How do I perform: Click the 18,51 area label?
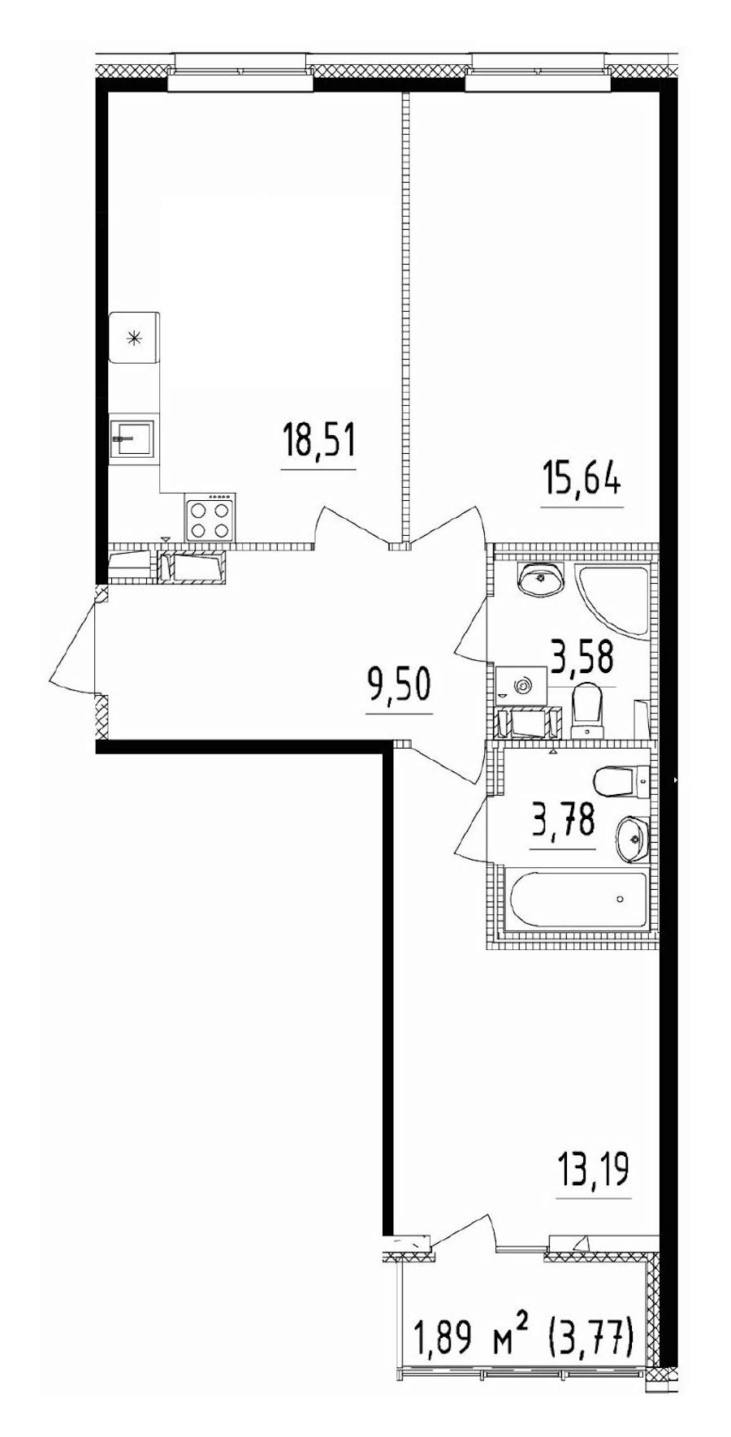(x=318, y=443)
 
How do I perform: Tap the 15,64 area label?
(x=582, y=481)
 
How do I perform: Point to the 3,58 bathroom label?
(x=582, y=658)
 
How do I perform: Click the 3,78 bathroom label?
(x=563, y=821)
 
